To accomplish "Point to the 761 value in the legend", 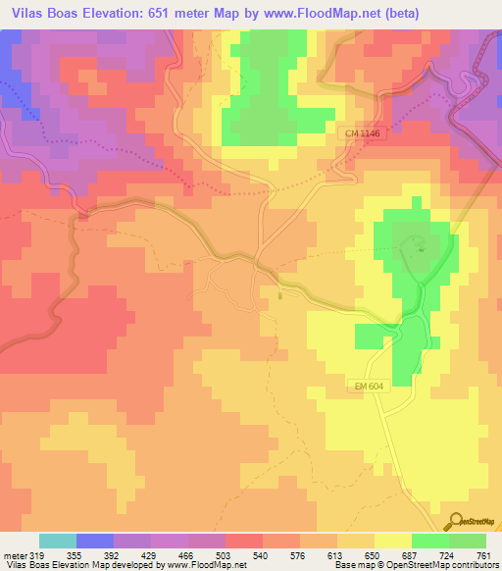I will tap(485, 554).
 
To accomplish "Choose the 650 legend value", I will tap(374, 554).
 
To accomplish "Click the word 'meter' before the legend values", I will tap(14, 554).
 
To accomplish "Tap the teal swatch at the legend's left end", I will tap(57, 541).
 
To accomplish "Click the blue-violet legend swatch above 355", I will tap(94, 541).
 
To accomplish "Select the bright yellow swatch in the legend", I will tap(392, 541).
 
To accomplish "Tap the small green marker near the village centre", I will tap(280, 293).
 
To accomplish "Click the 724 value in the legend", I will tap(448, 554).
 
